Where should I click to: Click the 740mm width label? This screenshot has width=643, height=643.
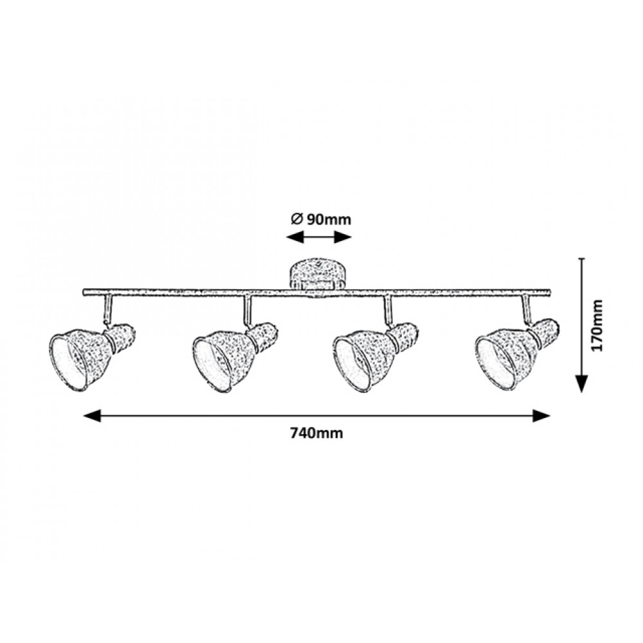coord(316,433)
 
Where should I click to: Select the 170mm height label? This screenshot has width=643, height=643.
coord(597,325)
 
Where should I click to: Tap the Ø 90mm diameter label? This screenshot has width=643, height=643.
coord(321,219)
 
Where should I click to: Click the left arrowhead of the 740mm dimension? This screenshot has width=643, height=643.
coord(92,416)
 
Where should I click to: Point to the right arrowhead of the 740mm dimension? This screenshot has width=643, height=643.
coord(541,416)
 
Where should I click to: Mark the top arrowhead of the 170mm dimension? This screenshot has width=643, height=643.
coord(581,259)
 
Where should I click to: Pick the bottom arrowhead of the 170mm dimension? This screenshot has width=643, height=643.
coord(581,384)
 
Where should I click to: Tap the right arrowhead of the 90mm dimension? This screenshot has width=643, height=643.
coord(343,237)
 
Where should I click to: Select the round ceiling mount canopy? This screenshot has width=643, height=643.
coord(317,275)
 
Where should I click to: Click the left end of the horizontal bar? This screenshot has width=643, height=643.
coord(84,292)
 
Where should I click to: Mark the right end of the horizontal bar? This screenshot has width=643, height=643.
coord(549,292)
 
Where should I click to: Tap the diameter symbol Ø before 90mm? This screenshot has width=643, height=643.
coord(297,219)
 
